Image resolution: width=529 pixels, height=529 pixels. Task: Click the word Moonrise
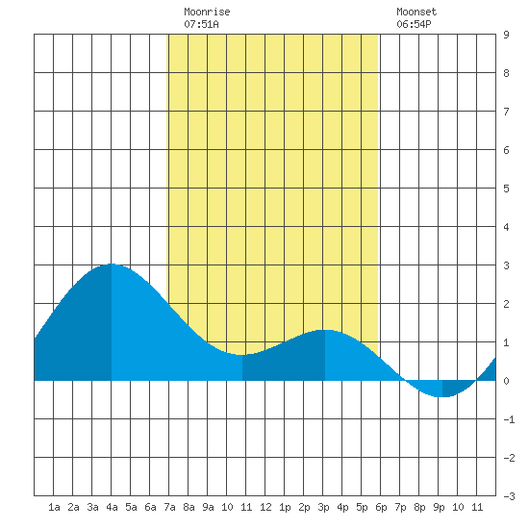[207, 12]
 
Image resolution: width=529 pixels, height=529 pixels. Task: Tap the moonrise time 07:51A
[201, 24]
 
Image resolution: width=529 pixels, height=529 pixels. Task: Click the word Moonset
[416, 12]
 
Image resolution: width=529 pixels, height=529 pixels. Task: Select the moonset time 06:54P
[414, 24]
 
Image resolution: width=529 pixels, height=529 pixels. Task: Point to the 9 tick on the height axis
[506, 35]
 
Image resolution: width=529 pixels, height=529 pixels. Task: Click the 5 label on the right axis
[506, 189]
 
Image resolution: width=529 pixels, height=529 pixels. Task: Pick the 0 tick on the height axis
[506, 381]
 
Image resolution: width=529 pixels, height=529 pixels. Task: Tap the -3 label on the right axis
[509, 496]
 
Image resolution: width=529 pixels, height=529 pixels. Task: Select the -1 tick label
[509, 419]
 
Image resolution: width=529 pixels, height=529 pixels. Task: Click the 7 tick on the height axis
[506, 112]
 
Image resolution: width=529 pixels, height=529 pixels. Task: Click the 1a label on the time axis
[54, 507]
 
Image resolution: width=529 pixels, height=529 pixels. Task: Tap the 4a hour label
[112, 507]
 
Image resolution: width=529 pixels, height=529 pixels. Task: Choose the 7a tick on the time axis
[169, 507]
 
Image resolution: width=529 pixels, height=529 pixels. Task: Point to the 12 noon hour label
[265, 507]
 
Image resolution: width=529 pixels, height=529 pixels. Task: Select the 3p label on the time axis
[323, 507]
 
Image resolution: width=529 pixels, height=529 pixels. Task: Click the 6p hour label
[381, 507]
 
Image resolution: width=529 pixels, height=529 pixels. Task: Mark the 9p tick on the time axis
[439, 507]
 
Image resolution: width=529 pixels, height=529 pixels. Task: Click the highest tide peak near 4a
[112, 264]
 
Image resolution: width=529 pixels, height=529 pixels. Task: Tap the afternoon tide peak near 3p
[324, 330]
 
